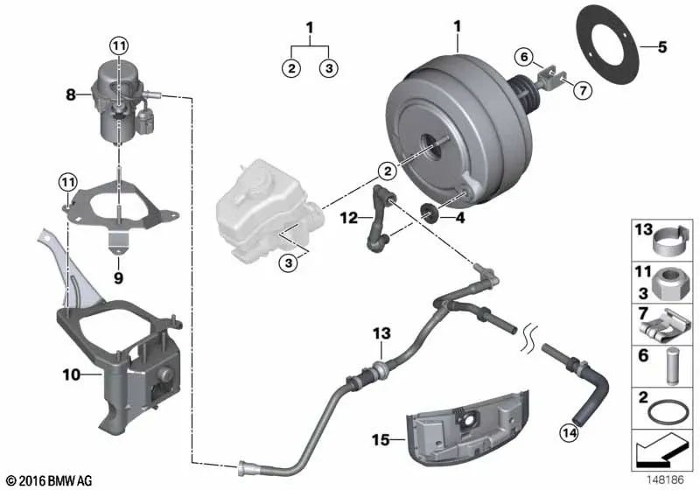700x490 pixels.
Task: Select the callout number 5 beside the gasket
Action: (662, 46)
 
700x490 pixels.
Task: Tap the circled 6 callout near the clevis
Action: (524, 57)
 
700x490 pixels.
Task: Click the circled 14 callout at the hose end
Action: (570, 432)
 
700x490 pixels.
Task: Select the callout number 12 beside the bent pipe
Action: (348, 218)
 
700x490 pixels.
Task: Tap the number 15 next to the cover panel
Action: (381, 440)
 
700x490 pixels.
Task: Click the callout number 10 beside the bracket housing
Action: (71, 374)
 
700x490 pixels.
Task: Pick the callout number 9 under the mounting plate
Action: (118, 278)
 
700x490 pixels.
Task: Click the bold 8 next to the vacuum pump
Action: (71, 94)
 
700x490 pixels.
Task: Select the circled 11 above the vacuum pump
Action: (119, 45)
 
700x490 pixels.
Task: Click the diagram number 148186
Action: (666, 480)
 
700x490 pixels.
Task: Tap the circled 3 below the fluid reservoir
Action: (289, 262)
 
